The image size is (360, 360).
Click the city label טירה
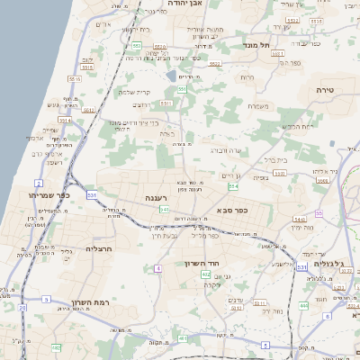[325, 91]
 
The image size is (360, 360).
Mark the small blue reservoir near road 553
[172, 76]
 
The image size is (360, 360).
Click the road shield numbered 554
[233, 186]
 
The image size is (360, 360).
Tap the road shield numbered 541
[165, 210]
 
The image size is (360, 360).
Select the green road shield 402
[206, 274]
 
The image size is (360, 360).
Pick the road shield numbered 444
[303, 306]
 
